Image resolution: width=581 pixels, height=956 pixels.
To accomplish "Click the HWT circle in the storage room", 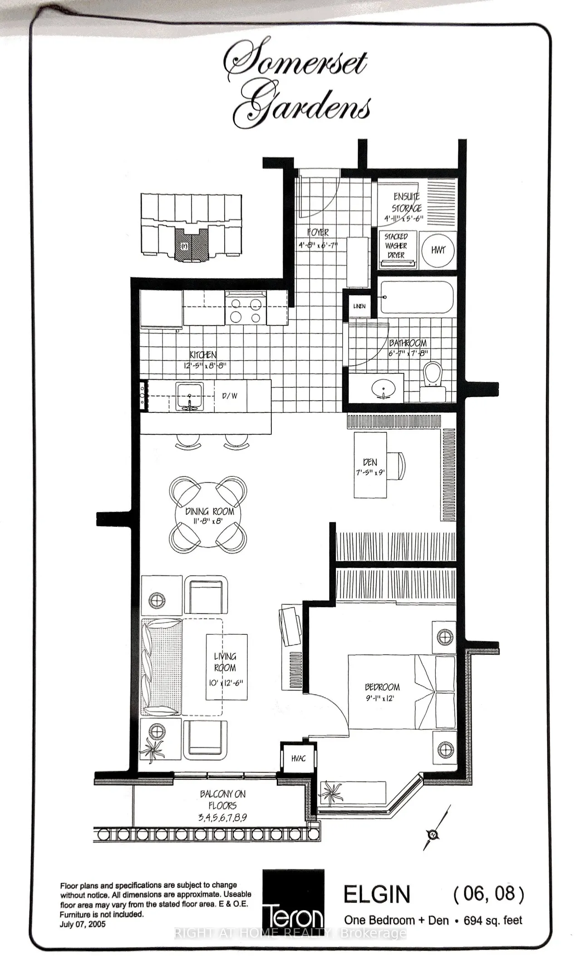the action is point(438,250).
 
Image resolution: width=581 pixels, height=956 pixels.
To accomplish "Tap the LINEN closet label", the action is point(359,306).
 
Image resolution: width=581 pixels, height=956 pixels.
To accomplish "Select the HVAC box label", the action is point(298,759).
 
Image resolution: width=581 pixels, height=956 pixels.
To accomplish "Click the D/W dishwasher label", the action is point(230,396).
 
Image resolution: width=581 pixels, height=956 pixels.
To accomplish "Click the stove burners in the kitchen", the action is point(246,309).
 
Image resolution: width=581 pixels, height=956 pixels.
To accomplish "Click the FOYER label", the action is point(318,233).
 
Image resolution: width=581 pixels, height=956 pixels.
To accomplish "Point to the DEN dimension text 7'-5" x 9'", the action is point(370,472).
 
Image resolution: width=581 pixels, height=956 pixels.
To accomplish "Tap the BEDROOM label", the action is point(382,687).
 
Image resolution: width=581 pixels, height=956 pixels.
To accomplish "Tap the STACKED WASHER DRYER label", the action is point(396,245).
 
